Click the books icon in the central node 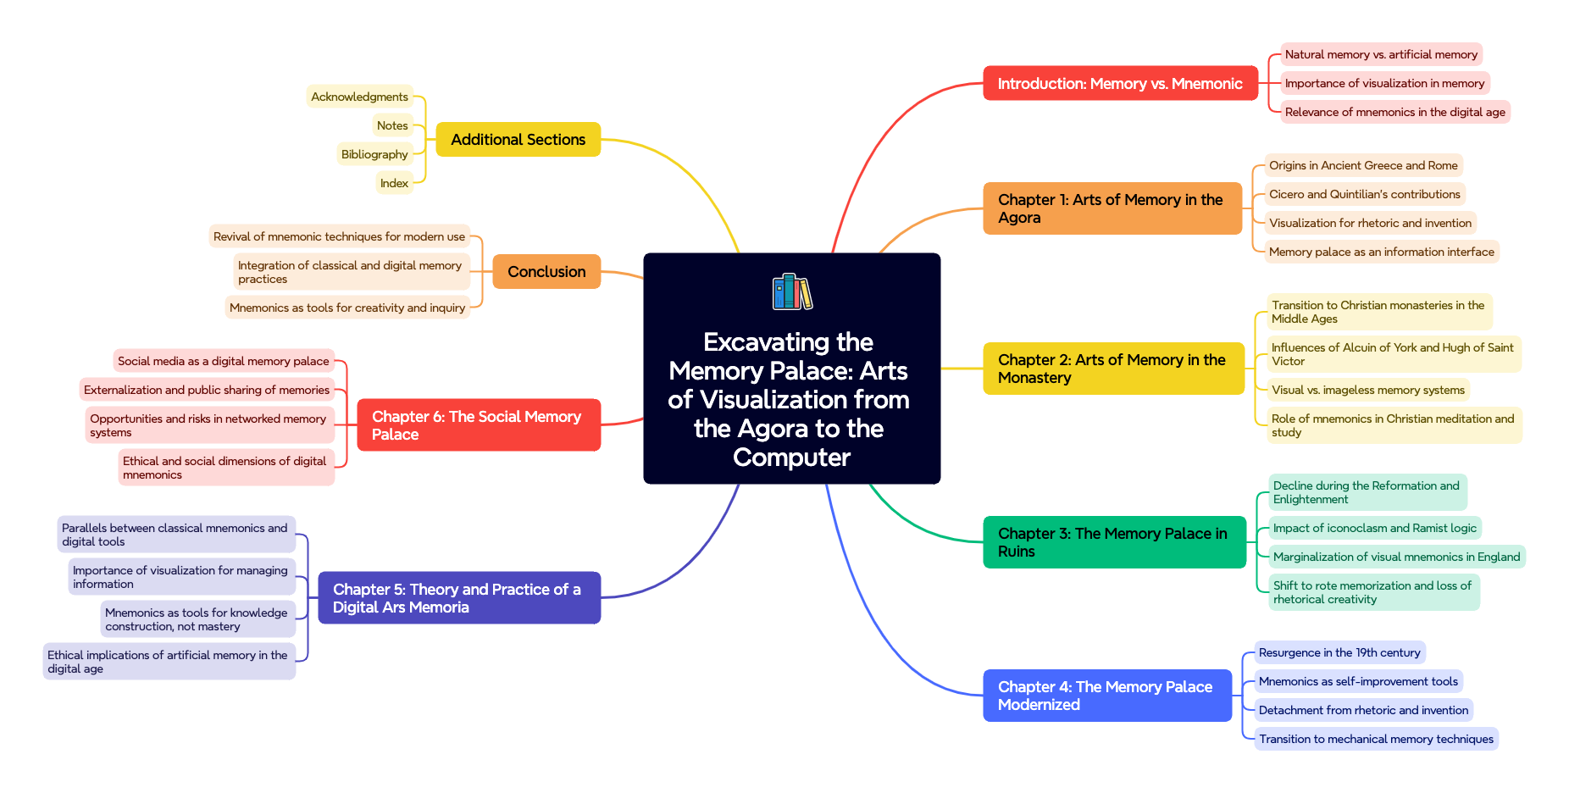[x=791, y=291]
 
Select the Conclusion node [x=546, y=272]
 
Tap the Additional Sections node [x=518, y=140]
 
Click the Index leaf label [x=394, y=183]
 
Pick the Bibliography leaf [x=374, y=154]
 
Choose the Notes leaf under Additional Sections [x=392, y=125]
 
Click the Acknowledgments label [x=359, y=97]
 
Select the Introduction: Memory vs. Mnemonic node [x=1119, y=84]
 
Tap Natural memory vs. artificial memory [x=1380, y=54]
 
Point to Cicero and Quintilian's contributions [x=1364, y=194]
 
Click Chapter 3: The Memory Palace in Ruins [x=1113, y=542]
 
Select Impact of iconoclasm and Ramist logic [x=1374, y=528]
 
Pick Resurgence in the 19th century [x=1339, y=652]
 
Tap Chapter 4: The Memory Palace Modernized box [x=1106, y=696]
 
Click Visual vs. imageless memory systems [x=1367, y=390]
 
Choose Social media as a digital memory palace [x=223, y=361]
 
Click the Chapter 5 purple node [x=458, y=598]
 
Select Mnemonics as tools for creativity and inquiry [x=347, y=308]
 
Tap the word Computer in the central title [x=791, y=457]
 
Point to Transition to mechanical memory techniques [x=1375, y=739]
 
